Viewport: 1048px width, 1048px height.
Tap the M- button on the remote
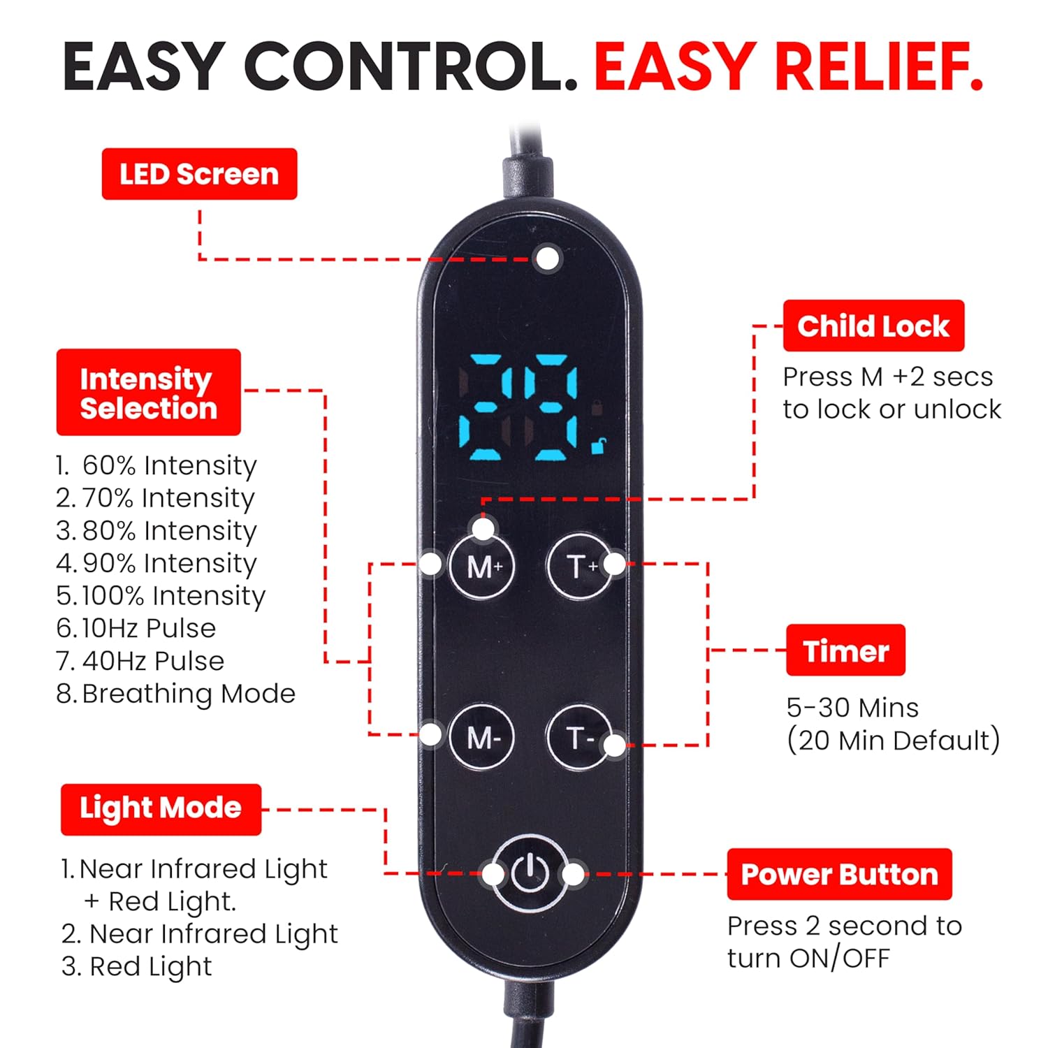[481, 737]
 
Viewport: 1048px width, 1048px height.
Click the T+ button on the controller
[578, 566]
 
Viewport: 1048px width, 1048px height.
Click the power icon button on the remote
[530, 873]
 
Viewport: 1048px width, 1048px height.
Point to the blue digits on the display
[518, 408]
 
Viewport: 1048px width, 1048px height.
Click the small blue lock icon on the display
[599, 445]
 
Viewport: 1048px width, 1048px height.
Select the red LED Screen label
[199, 174]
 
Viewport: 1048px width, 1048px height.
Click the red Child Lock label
[873, 326]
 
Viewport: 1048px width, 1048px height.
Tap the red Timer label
[845, 650]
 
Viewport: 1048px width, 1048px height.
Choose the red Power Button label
[839, 875]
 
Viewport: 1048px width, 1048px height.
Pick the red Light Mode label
[161, 809]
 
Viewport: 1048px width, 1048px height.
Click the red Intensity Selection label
[148, 393]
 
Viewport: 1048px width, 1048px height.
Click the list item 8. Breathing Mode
[175, 694]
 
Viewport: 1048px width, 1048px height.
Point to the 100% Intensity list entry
[161, 596]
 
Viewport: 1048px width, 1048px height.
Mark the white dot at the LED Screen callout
[548, 259]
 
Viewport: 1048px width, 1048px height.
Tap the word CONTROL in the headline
[412, 68]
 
